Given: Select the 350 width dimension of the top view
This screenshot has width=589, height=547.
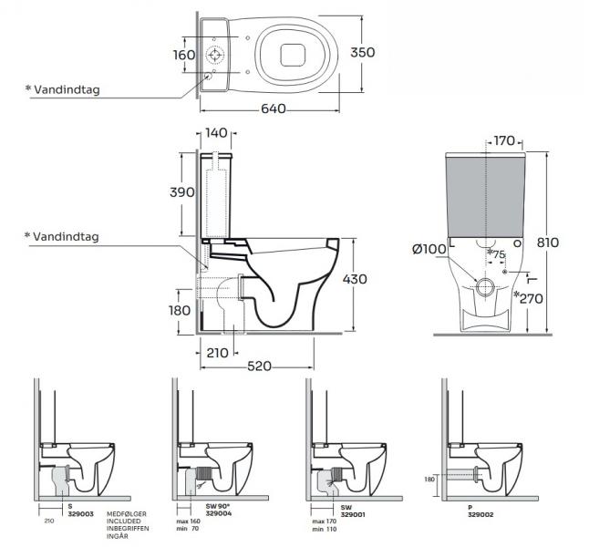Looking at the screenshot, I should pyautogui.click(x=363, y=53).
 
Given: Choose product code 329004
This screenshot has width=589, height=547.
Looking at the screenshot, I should pyautogui.click(x=220, y=514).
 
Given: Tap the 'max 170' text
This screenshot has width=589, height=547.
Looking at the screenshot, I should pyautogui.click(x=324, y=521).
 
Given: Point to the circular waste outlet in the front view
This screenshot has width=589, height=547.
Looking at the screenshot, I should pyautogui.click(x=485, y=288).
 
